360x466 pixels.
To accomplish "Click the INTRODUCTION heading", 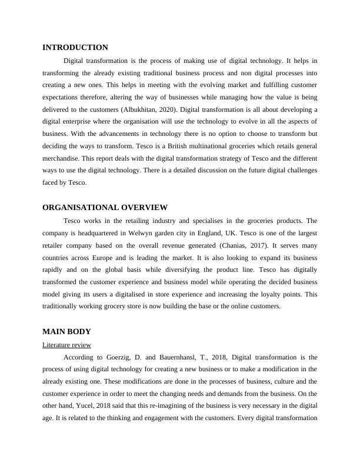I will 75,48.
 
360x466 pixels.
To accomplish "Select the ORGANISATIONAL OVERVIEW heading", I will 105,208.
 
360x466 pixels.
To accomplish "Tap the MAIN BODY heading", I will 67,332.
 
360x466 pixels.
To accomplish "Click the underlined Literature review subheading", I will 66,345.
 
